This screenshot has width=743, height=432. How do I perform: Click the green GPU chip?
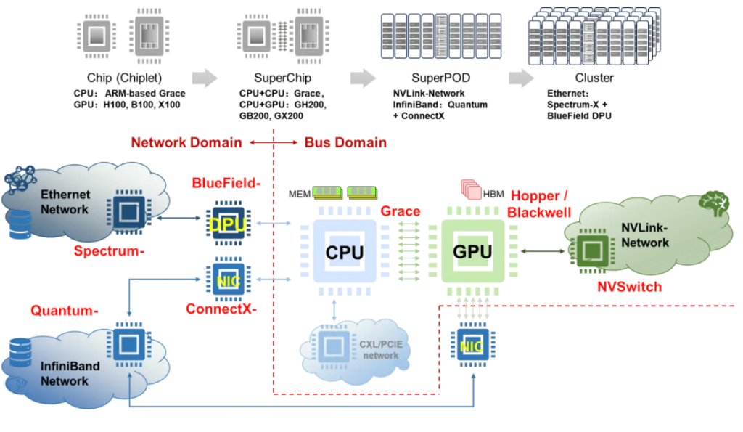(472, 252)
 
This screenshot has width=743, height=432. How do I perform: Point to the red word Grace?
(401, 211)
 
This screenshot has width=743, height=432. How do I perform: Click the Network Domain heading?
(186, 142)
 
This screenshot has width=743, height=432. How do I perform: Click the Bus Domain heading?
(345, 142)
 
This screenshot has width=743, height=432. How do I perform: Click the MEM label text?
(300, 194)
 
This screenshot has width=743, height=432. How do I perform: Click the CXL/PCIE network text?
(379, 351)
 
